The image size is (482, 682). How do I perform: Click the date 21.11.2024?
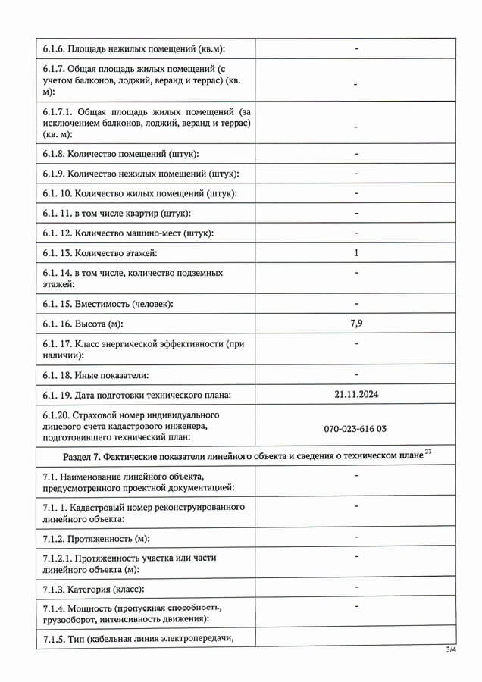(355, 394)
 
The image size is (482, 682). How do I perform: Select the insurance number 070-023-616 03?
(355, 429)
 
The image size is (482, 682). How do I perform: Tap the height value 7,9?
(355, 324)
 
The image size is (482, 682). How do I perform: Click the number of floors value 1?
(355, 252)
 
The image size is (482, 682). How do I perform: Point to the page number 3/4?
(451, 650)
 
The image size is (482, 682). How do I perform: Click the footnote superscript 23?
(428, 452)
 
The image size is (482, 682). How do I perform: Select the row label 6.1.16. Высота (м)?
(83, 324)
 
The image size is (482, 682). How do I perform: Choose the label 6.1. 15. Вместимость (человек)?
(108, 304)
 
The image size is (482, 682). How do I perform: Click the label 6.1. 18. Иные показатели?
(95, 374)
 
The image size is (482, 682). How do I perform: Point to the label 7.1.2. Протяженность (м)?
(95, 538)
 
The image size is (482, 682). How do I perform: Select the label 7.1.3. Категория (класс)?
(93, 589)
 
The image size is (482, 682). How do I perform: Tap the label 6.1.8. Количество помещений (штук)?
(121, 154)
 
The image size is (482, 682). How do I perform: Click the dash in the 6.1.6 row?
(355, 49)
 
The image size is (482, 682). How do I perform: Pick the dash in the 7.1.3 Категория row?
(355, 587)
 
